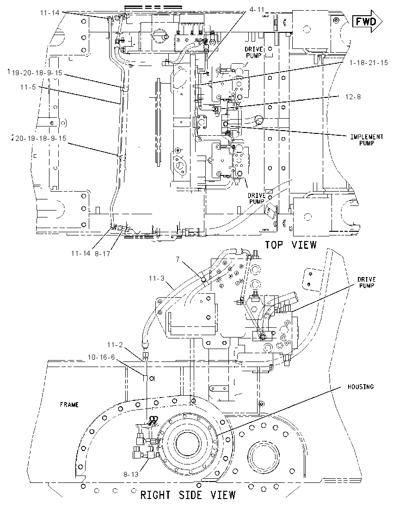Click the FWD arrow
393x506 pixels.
[368, 21]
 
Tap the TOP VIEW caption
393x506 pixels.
[290, 245]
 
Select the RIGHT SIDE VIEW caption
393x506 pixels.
[188, 495]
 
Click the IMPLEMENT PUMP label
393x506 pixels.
[367, 140]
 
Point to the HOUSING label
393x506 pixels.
[360, 386]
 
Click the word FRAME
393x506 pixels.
[69, 404]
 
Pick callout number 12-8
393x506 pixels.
[353, 97]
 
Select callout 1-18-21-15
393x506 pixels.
[368, 63]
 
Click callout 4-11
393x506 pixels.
[257, 10]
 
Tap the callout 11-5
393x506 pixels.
[28, 87]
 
